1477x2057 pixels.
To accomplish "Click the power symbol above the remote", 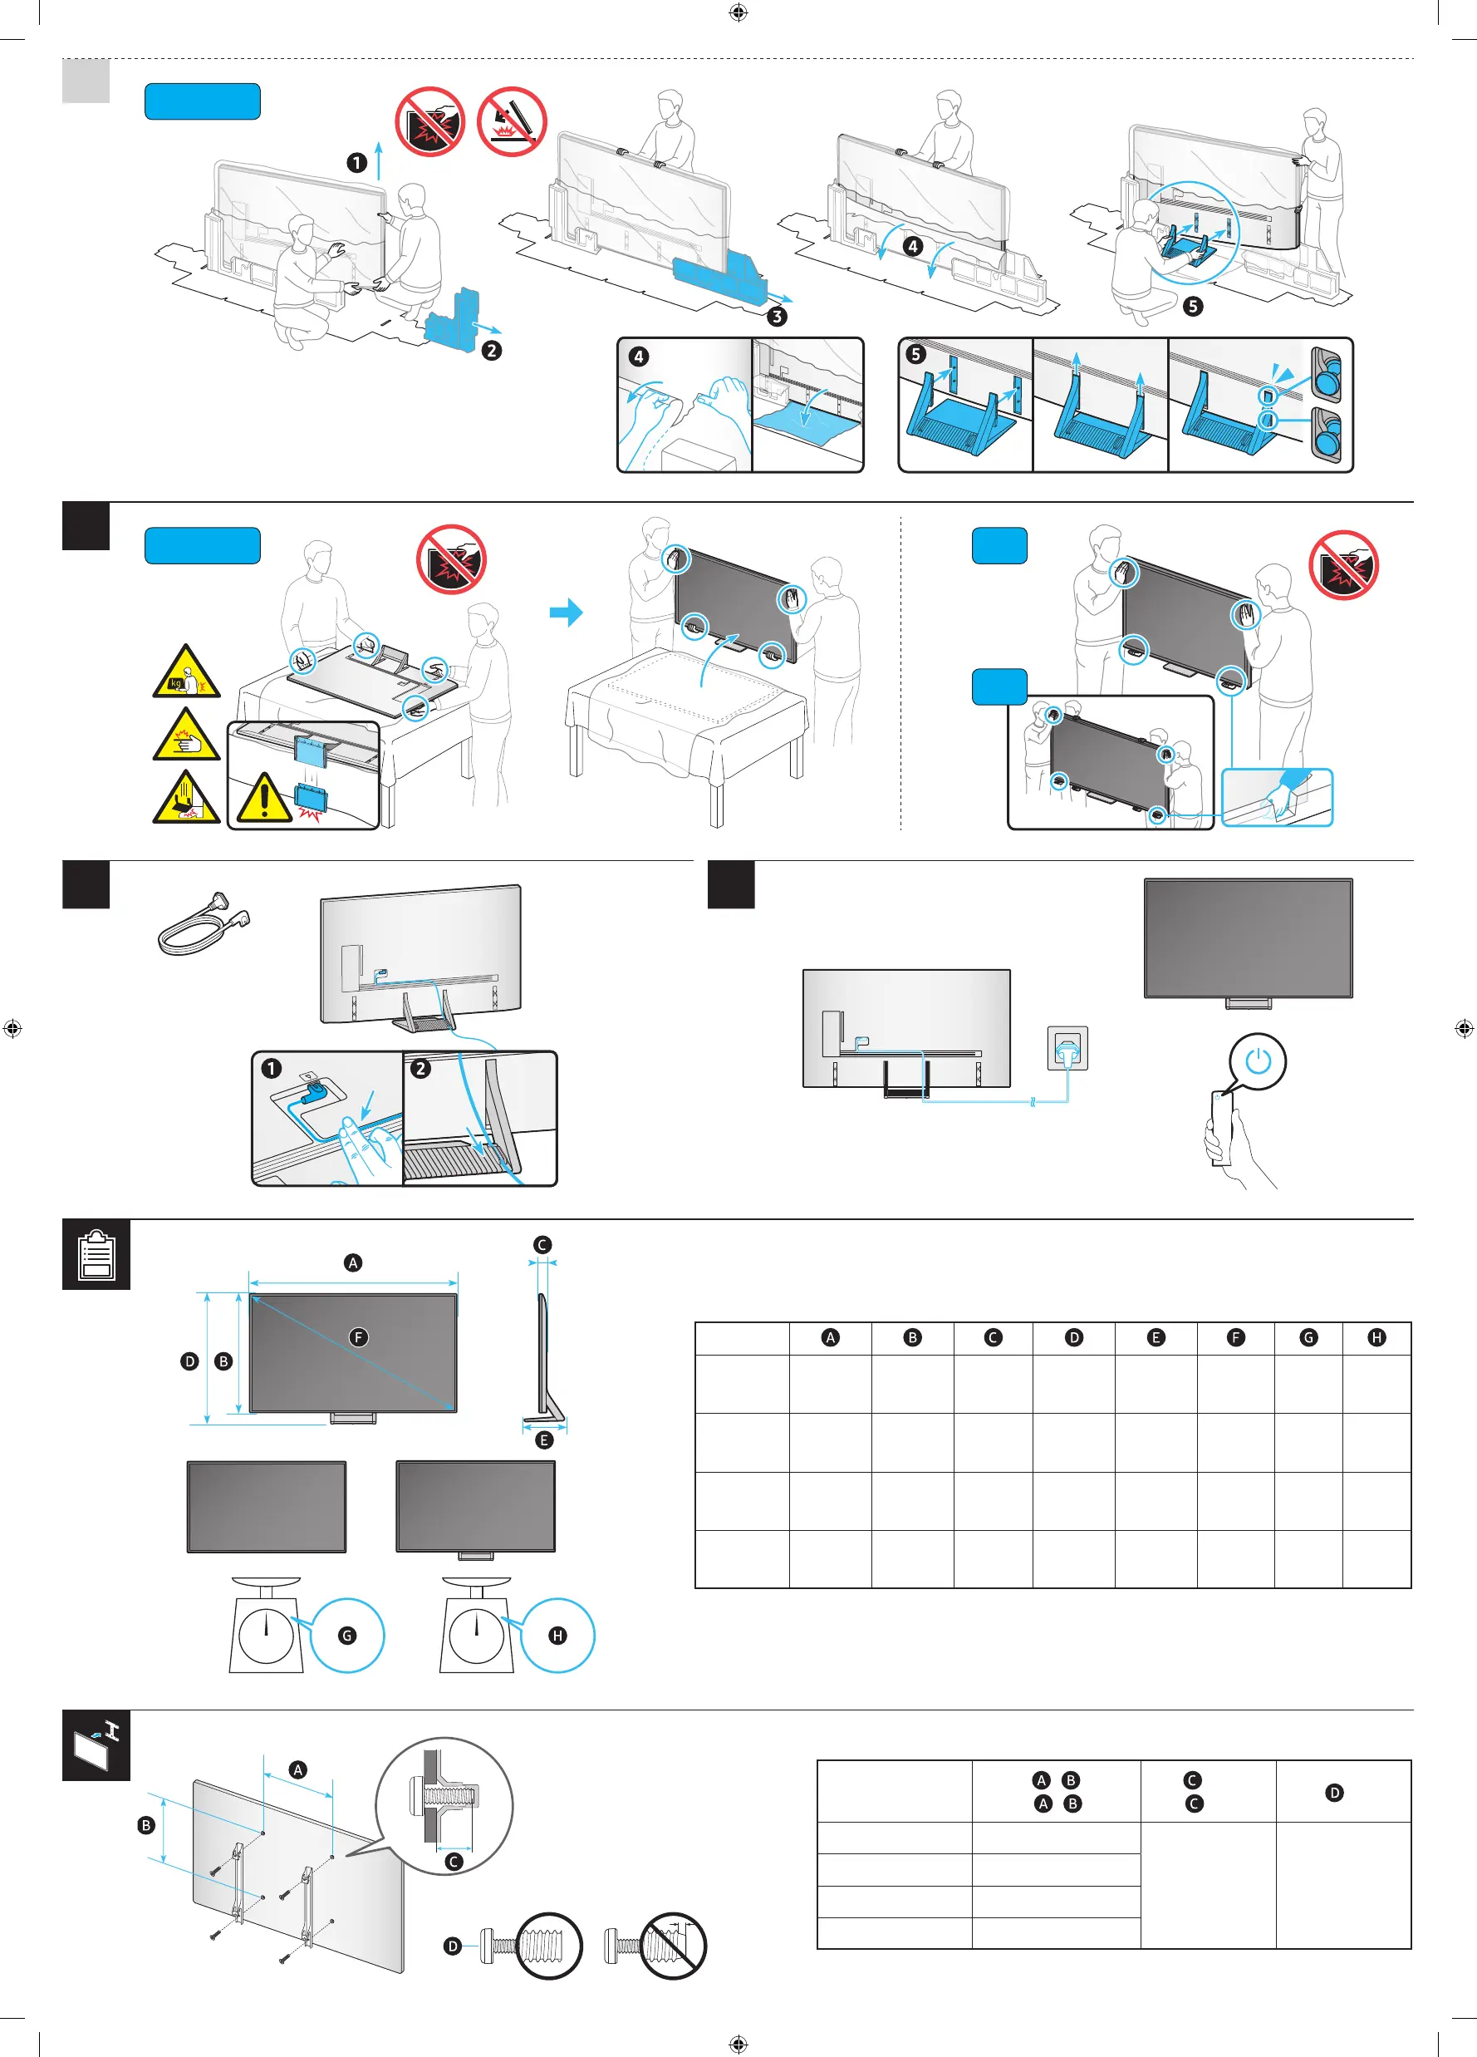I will click(x=1258, y=1060).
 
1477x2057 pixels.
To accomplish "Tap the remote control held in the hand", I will click(x=1221, y=1125).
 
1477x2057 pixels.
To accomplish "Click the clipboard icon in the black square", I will click(x=96, y=1254).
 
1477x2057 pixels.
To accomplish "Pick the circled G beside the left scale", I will click(x=347, y=1636).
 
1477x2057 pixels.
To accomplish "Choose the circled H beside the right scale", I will click(x=557, y=1636).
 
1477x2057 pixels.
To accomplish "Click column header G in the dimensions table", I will click(x=1308, y=1338).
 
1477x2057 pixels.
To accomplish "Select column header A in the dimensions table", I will click(x=830, y=1338).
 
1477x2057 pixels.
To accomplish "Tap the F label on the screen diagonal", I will click(x=359, y=1337).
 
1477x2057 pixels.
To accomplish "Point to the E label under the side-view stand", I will click(x=544, y=1439).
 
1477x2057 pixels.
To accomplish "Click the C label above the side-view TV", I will click(x=542, y=1244).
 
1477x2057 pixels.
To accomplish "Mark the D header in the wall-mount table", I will click(x=1334, y=1792).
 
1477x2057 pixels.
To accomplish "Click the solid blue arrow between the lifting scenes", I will click(x=567, y=613).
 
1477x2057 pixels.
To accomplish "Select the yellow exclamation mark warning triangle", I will click(x=264, y=797).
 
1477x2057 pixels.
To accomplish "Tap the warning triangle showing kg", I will click(x=186, y=673).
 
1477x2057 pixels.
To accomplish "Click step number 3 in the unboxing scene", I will click(x=777, y=317).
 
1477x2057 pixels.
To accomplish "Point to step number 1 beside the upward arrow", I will click(x=356, y=162).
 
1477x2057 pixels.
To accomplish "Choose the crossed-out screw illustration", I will click(x=671, y=1946).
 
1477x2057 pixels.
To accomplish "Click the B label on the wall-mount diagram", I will click(x=147, y=1825).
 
